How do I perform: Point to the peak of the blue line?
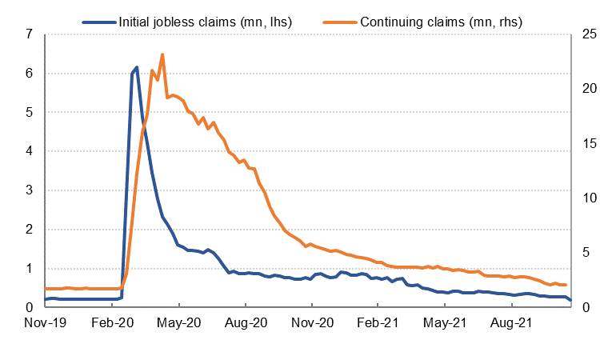tap(137, 67)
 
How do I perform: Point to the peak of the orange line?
tap(162, 54)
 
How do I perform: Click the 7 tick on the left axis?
tap(29, 34)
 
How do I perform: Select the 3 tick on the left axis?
tap(29, 190)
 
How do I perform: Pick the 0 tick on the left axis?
tap(29, 307)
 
